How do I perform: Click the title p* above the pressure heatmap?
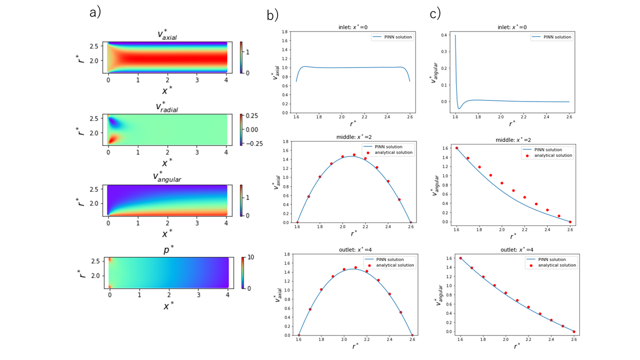(168, 250)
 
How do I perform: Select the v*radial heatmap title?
(168, 106)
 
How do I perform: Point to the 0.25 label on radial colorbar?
(251, 116)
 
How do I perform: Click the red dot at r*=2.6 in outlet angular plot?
(574, 331)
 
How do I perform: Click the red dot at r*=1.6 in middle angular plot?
(456, 148)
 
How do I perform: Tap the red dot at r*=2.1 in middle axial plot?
(354, 155)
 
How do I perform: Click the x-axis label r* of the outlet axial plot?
(354, 345)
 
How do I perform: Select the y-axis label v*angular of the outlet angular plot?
(436, 293)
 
